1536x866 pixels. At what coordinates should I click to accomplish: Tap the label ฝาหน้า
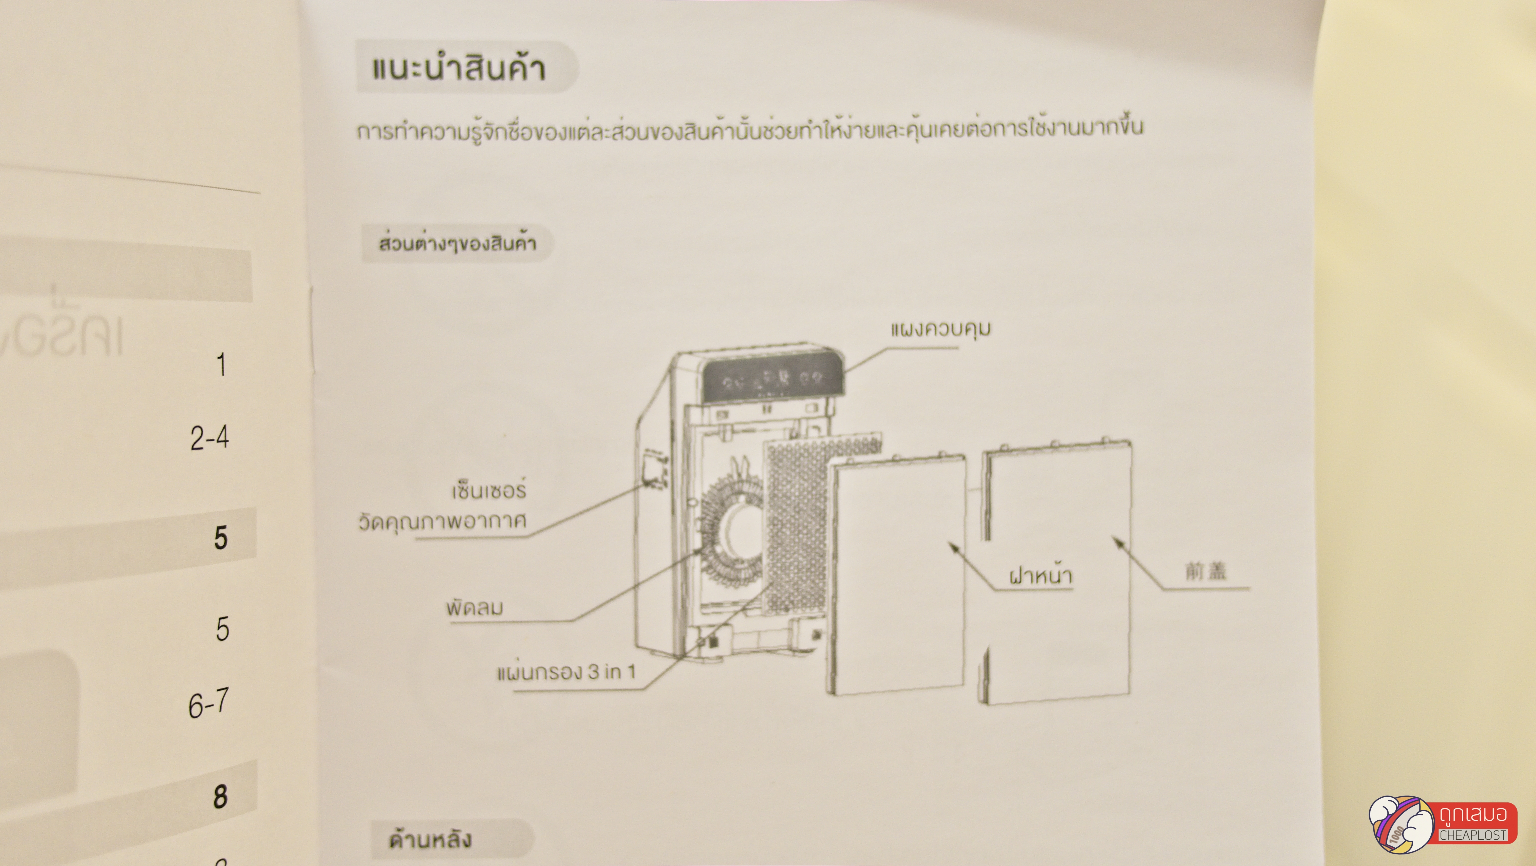1040,576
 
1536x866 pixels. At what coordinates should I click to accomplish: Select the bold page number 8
220,796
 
